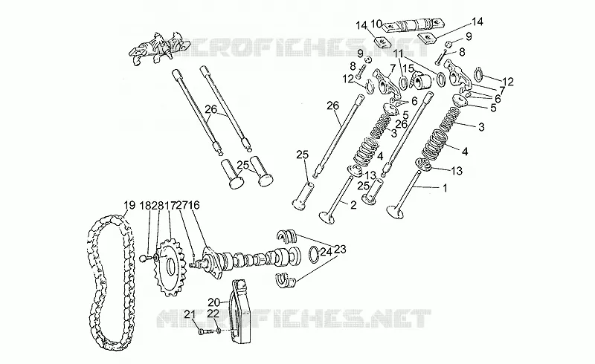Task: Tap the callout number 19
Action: (129, 206)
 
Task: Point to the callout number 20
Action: (213, 302)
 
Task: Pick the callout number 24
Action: (326, 252)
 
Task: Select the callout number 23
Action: (341, 249)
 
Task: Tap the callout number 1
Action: (445, 187)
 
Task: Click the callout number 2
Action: (353, 206)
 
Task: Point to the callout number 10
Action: (376, 24)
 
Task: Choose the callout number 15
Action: (408, 68)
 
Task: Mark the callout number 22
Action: (213, 313)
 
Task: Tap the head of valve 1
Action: (395, 212)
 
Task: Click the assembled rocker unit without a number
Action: (158, 48)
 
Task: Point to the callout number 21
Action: (190, 314)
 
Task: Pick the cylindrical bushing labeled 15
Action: (422, 79)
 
